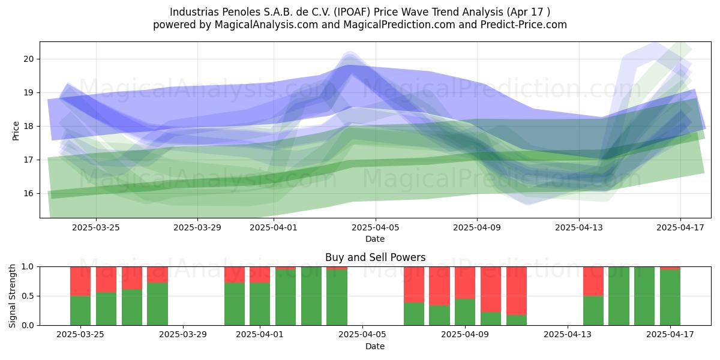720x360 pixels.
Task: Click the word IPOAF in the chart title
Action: click(x=352, y=12)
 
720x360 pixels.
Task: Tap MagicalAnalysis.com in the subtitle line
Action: click(x=266, y=25)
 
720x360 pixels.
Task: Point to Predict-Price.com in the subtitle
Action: click(x=524, y=25)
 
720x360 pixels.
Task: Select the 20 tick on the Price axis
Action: click(x=29, y=59)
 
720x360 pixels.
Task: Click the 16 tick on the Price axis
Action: click(x=29, y=193)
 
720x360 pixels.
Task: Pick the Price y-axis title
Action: click(x=16, y=131)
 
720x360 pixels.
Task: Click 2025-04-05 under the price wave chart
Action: click(x=376, y=227)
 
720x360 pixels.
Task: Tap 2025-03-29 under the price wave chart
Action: click(x=197, y=227)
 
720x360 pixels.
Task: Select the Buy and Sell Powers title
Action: click(x=376, y=257)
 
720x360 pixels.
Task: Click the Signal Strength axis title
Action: click(x=12, y=296)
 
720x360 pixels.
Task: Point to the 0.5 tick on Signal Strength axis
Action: click(x=28, y=296)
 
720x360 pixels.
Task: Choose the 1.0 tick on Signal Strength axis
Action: click(x=28, y=267)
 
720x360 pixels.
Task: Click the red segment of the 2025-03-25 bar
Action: click(x=80, y=281)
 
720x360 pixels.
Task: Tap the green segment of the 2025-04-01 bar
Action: click(x=260, y=304)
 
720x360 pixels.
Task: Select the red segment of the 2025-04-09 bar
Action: click(x=465, y=283)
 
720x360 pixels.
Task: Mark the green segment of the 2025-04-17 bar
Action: click(x=670, y=298)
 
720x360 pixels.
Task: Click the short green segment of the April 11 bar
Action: click(x=517, y=320)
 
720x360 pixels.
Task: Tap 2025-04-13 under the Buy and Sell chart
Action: click(x=568, y=335)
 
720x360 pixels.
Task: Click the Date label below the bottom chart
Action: click(x=375, y=346)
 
